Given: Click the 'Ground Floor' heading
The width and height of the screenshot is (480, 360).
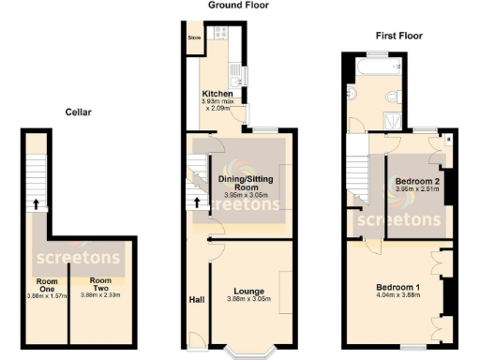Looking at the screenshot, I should pyautogui.click(x=237, y=6).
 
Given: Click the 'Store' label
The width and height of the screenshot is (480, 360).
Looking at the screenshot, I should pyautogui.click(x=195, y=38).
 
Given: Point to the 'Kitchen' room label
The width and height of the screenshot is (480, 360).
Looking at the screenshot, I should pyautogui.click(x=218, y=94).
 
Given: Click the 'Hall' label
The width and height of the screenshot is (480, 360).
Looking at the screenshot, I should pyautogui.click(x=197, y=300).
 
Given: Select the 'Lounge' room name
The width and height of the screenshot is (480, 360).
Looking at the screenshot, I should pyautogui.click(x=248, y=291).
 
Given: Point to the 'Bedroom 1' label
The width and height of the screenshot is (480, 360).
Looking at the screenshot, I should pyautogui.click(x=398, y=286).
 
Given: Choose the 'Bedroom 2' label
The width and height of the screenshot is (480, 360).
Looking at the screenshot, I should pyautogui.click(x=417, y=181).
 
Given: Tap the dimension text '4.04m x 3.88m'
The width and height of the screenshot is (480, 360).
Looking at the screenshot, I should pyautogui.click(x=398, y=295).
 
